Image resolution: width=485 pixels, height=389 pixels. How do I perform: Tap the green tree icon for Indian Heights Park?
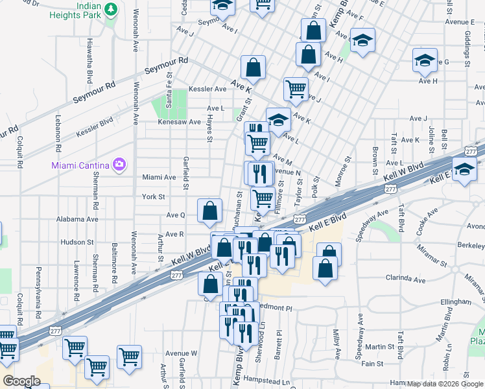[111, 9]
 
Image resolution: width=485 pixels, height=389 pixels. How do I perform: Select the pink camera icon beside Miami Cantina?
[119, 164]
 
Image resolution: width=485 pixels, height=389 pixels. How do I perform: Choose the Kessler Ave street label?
[207, 89]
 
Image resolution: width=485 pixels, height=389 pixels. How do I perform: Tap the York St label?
[154, 196]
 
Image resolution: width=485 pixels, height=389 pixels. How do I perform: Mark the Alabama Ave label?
[78, 219]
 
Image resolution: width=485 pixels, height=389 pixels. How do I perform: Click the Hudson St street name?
[77, 242]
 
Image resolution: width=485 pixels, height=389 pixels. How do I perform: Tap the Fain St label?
[372, 364]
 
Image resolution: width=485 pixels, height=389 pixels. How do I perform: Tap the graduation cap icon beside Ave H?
[425, 62]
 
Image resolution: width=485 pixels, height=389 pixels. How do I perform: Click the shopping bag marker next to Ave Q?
[209, 210]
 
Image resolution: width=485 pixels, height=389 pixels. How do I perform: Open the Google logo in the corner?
[21, 381]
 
